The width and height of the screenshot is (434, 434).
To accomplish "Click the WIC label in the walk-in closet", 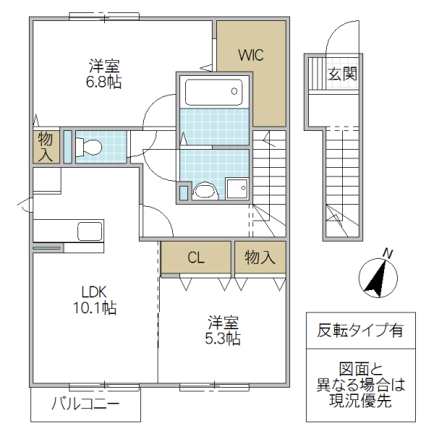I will [x=251, y=54].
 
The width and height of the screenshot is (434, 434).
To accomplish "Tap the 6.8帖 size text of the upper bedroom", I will [x=103, y=82].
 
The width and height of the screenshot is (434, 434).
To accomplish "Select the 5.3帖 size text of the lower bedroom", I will [x=224, y=338].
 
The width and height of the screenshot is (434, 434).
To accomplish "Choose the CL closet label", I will [x=196, y=258].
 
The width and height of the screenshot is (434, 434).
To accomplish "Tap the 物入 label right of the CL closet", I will [x=260, y=258].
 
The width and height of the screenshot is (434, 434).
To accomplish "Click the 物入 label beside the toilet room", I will [x=46, y=146].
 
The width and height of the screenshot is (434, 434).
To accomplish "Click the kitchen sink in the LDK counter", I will [x=90, y=233].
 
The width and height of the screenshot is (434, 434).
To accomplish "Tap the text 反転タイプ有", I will [x=360, y=331].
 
